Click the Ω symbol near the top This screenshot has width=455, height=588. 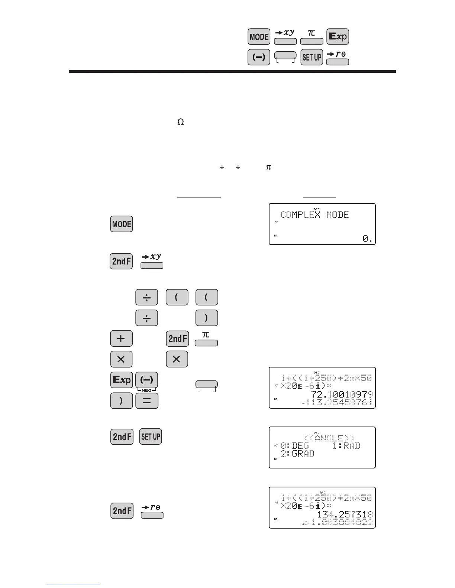181,122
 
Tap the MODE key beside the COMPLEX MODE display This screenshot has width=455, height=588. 122,224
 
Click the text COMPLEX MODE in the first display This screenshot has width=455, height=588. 314,215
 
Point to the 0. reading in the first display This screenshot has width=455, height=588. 367,239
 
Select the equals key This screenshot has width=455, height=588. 147,401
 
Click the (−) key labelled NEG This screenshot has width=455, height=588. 147,380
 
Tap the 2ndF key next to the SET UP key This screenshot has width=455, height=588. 122,437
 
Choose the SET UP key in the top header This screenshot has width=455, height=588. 312,57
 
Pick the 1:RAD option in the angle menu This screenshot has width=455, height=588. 346,446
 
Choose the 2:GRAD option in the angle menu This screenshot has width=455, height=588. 297,453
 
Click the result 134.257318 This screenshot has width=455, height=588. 345,514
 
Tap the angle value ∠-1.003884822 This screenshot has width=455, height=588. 338,522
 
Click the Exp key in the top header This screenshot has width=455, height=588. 338,37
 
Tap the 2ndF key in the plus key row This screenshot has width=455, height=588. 177,339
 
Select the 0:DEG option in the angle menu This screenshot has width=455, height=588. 295,446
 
